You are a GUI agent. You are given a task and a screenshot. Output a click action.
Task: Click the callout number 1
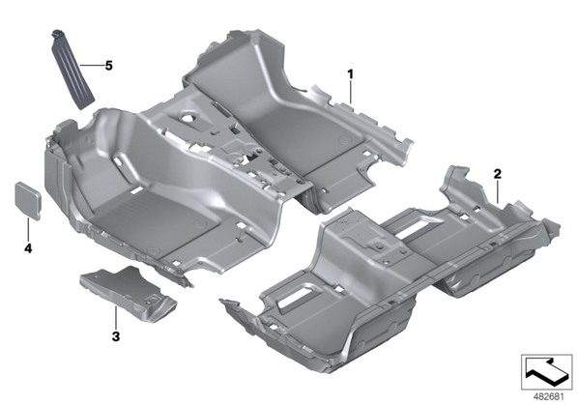tap(350, 74)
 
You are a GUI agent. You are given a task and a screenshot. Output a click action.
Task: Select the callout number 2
tap(498, 174)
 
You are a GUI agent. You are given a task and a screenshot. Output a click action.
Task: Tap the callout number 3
tap(116, 336)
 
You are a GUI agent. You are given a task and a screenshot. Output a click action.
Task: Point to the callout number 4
tap(28, 248)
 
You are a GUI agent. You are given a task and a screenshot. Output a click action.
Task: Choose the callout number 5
tap(109, 66)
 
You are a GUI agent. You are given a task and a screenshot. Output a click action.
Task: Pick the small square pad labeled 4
tap(28, 200)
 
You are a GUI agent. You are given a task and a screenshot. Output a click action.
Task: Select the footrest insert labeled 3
tap(128, 293)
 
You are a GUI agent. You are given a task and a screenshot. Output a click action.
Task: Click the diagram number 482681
tap(549, 397)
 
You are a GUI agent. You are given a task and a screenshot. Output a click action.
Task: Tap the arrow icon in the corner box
tap(546, 371)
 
